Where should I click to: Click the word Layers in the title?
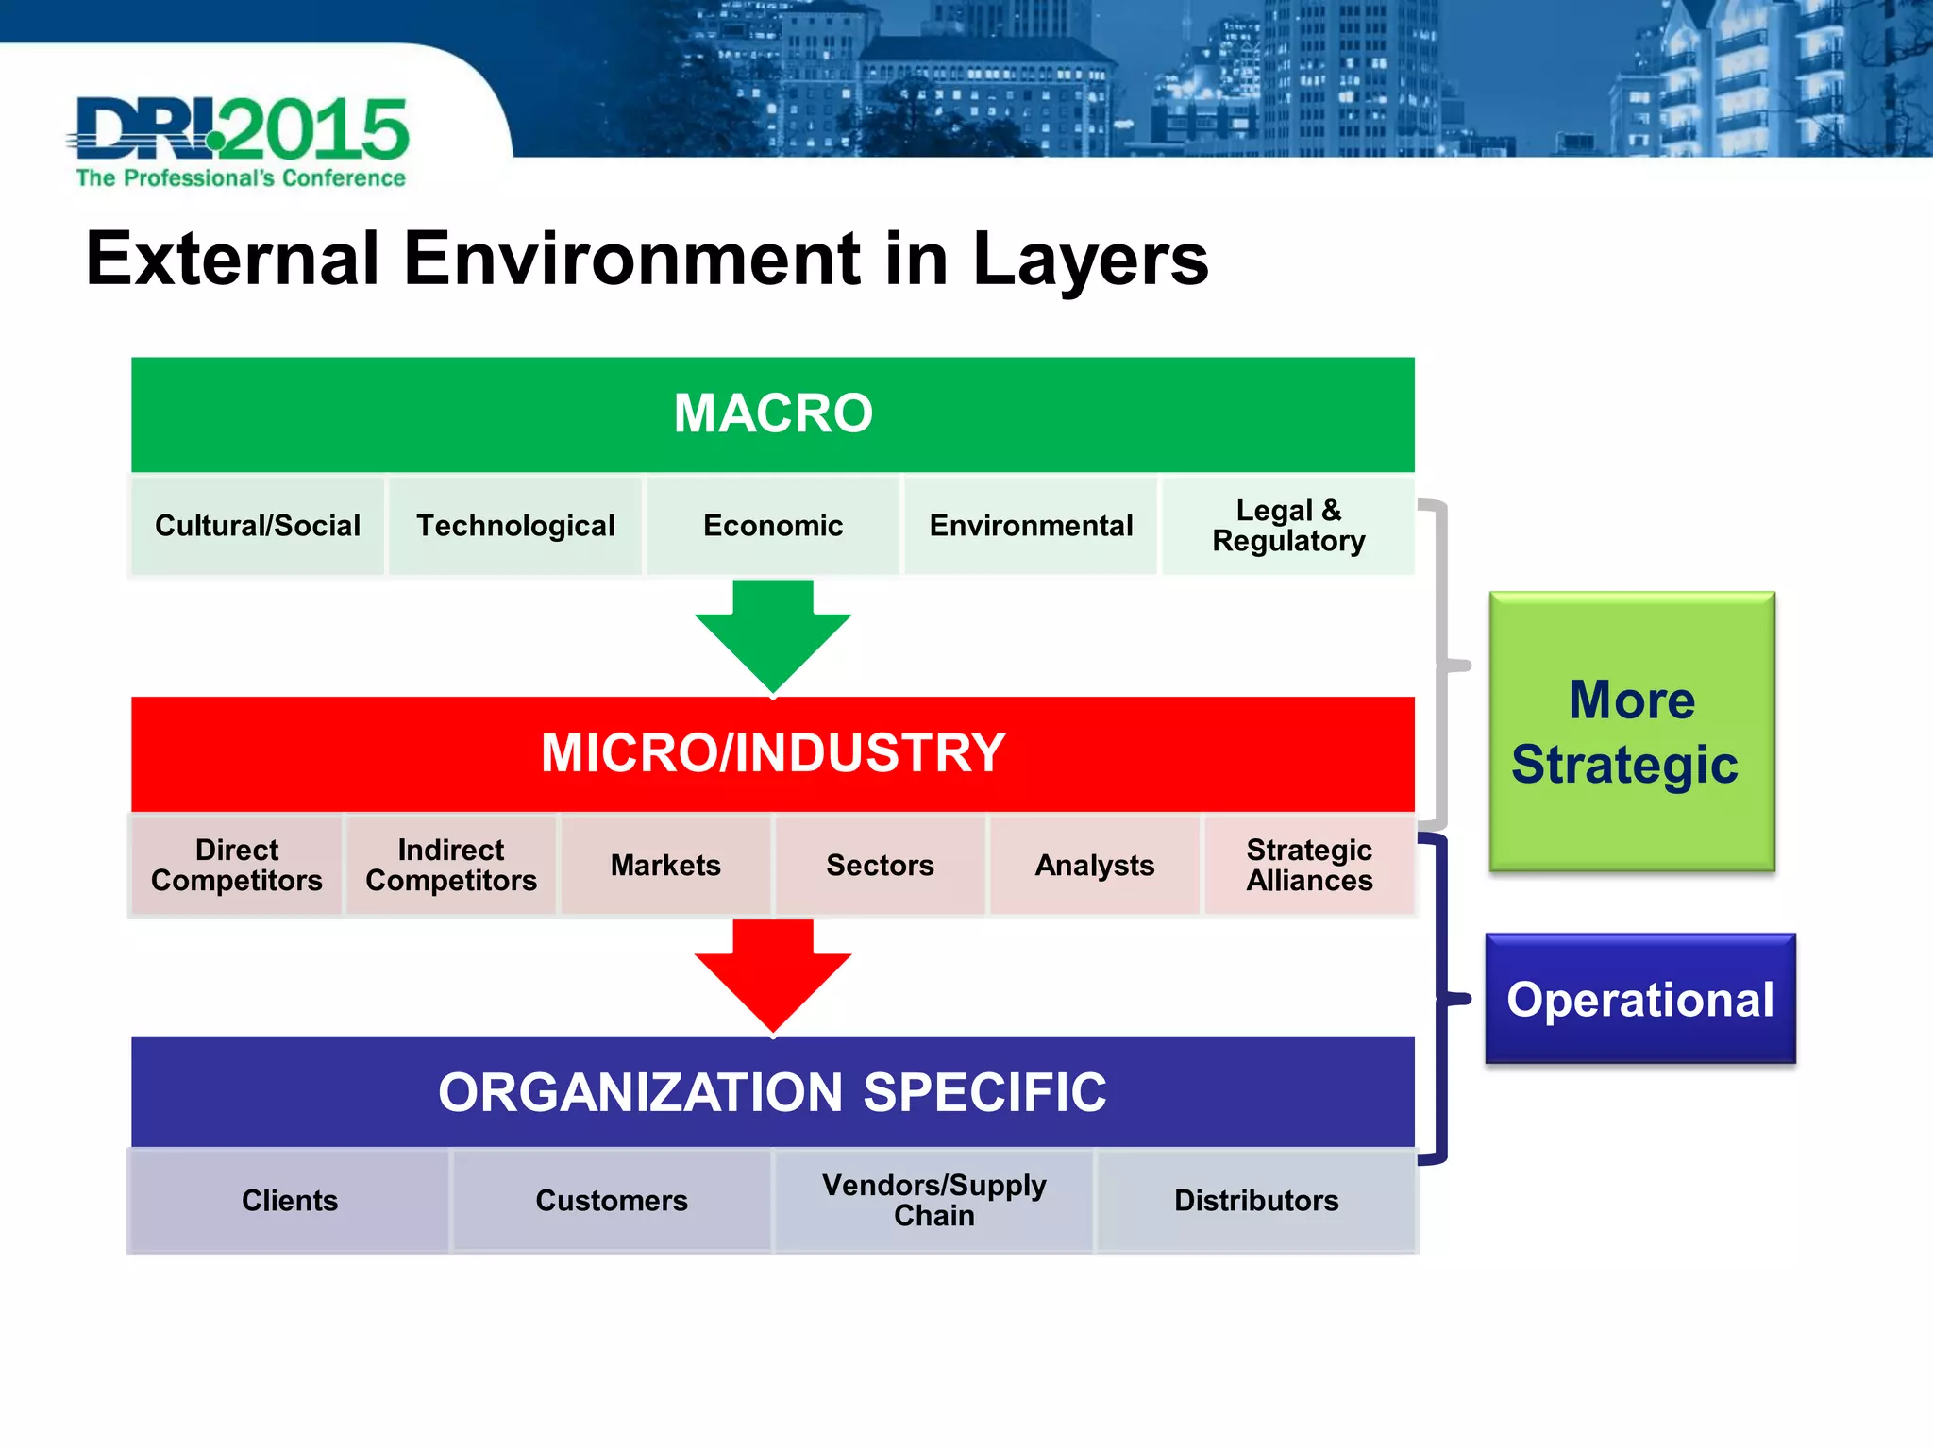coord(1090,260)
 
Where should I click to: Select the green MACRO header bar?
coord(772,413)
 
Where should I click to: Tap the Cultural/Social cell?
coord(257,526)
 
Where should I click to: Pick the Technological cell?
coord(515,526)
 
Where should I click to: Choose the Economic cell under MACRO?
coord(773,526)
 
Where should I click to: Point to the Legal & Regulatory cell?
coord(1288,526)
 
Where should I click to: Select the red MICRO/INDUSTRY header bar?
coord(772,753)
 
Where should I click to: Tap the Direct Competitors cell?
coord(236,865)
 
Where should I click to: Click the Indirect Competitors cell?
coord(451,865)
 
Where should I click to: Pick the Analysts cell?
coord(1095,865)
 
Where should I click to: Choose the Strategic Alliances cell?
coord(1309,865)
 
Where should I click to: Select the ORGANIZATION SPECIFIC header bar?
coord(772,1092)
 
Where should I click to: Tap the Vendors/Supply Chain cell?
coord(933,1200)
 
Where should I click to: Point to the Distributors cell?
coord(1256,1200)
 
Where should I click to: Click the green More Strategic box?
coord(1632,732)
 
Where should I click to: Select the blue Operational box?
coord(1640,999)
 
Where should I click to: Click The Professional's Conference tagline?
coord(241,178)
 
